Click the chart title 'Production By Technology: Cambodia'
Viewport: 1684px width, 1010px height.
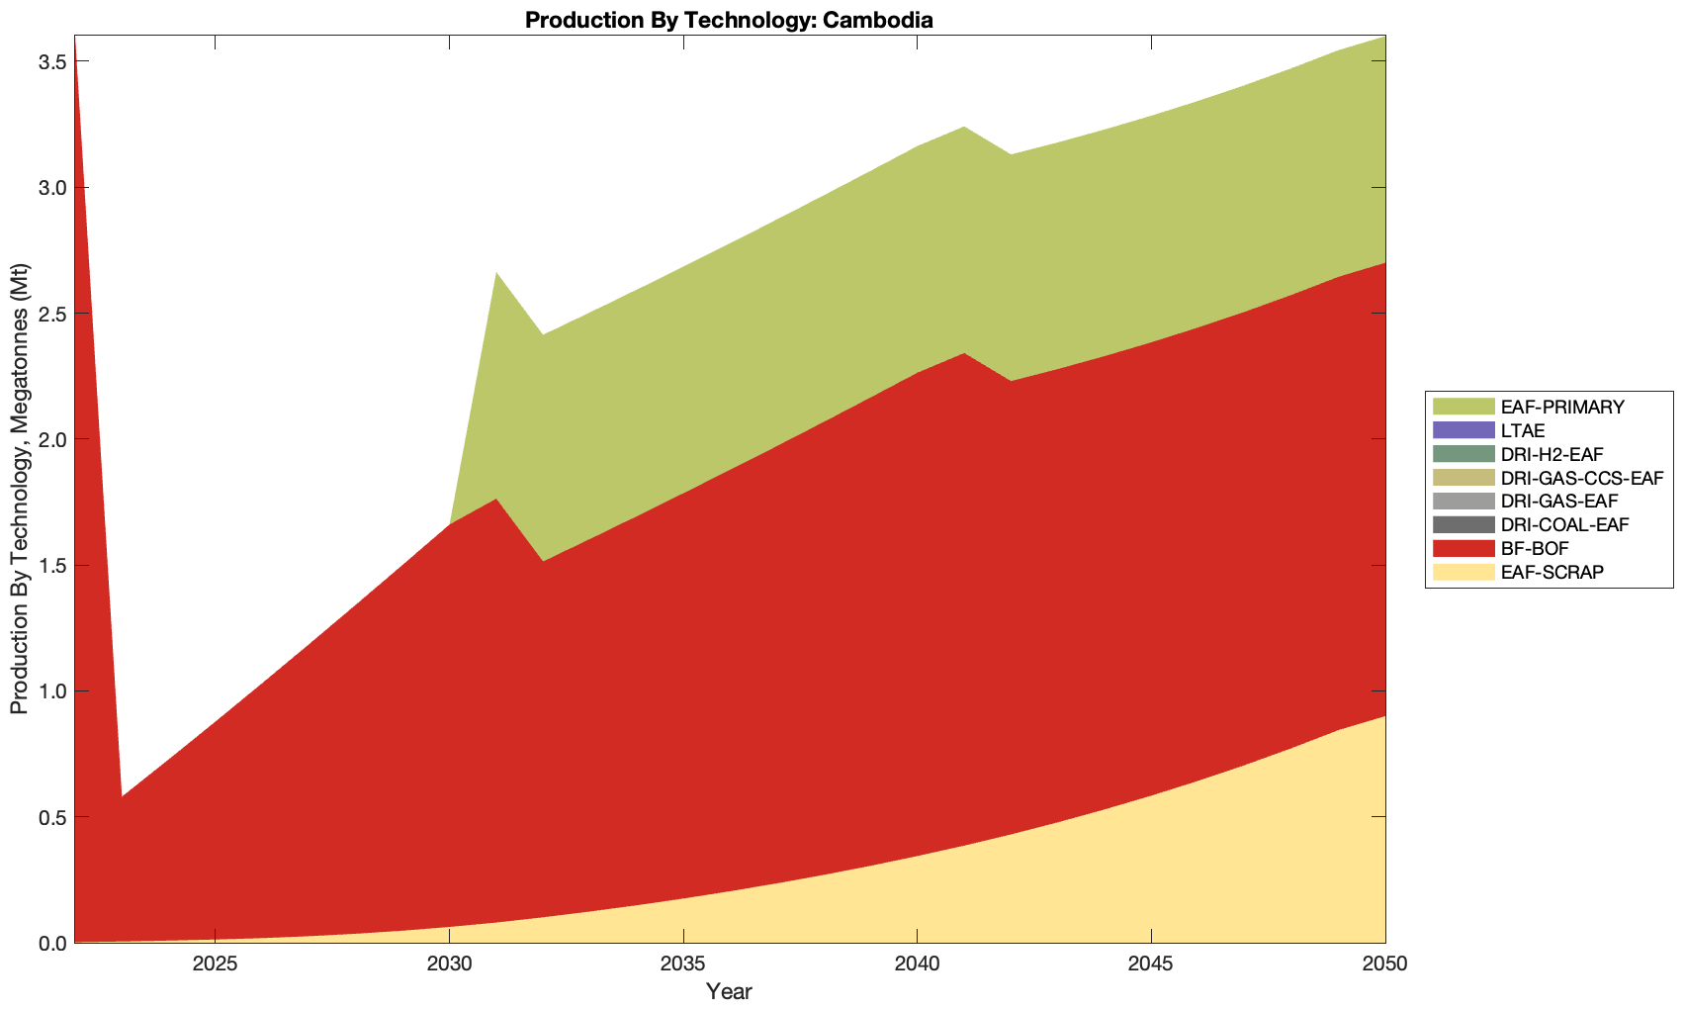[729, 19]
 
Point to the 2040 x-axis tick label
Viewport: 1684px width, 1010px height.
[918, 964]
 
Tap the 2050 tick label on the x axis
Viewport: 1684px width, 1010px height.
[1384, 964]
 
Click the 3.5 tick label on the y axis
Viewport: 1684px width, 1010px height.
[52, 61]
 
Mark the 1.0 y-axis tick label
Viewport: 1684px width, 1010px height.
[52, 690]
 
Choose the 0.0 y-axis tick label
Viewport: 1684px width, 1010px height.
[52, 943]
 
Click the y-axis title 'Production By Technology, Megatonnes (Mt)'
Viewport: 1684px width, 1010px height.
[19, 489]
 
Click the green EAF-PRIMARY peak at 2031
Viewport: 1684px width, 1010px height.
[496, 275]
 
